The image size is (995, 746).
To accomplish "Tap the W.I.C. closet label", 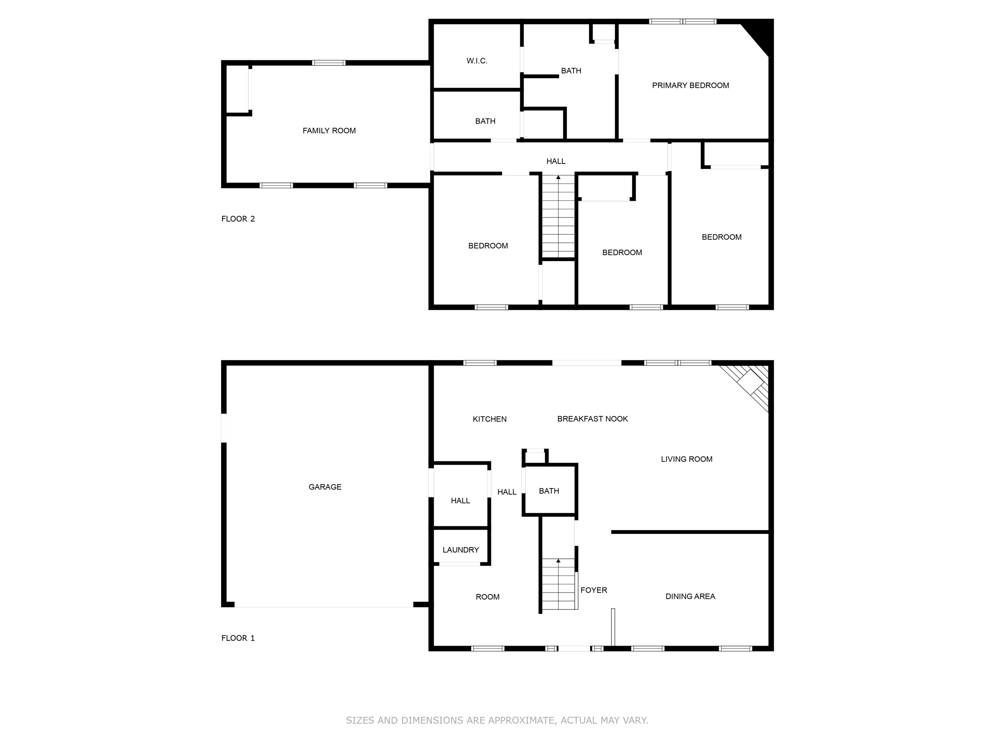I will (x=477, y=61).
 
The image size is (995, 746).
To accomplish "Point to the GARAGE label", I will (x=325, y=487).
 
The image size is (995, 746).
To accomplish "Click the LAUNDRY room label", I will (x=461, y=550).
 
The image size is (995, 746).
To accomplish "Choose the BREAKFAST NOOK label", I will (x=592, y=419).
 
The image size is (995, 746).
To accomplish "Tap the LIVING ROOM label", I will (x=686, y=459).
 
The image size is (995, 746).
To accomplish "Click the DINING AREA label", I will (x=690, y=597).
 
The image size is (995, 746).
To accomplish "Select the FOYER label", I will (x=594, y=590).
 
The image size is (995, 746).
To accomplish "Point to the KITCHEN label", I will (x=489, y=419).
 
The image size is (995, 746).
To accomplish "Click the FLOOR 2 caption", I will (x=238, y=219).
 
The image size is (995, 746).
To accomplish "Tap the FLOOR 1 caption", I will (x=238, y=638).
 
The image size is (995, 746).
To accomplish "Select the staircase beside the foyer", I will (x=558, y=584).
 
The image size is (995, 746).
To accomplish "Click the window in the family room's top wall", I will (x=329, y=63).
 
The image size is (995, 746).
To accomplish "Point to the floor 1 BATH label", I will (x=549, y=491).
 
